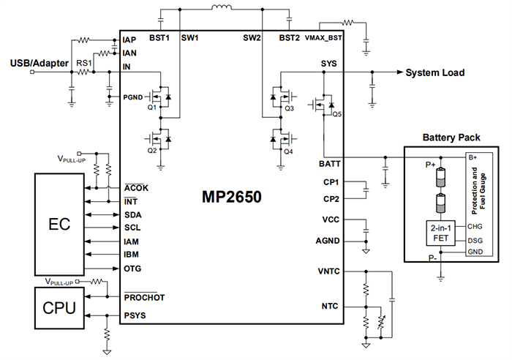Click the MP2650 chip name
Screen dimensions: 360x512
point(232,197)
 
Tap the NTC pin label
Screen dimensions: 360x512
point(329,306)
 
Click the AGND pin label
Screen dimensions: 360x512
point(326,240)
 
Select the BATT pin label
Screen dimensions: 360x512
point(326,163)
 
